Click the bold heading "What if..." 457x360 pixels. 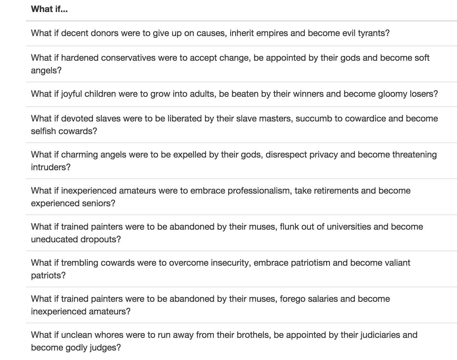[49, 9]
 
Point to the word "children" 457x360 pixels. [100, 94]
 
